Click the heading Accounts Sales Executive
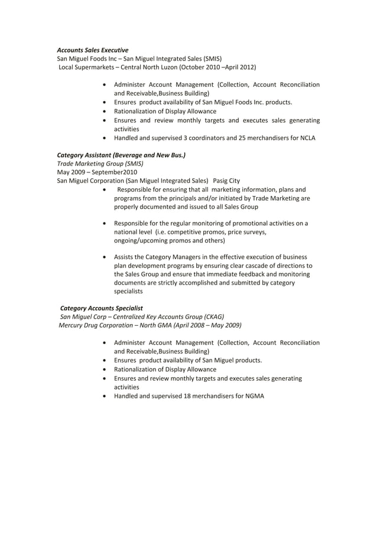pos(92,50)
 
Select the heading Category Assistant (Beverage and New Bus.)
pos(121,155)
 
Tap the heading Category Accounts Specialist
pos(101,308)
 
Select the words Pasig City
pos(226,181)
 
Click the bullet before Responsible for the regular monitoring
pos(105,224)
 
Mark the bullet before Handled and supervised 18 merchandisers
pos(105,395)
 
